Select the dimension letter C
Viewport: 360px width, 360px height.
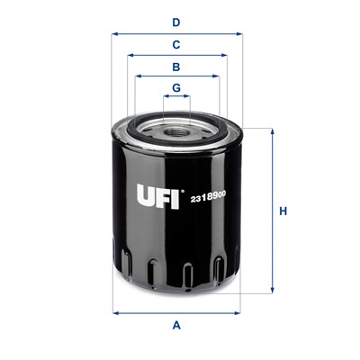click(176, 43)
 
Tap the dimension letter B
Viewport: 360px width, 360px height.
click(176, 67)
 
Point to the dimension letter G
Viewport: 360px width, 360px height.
click(176, 87)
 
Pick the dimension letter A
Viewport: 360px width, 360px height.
click(176, 325)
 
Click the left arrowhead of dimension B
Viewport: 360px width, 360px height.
click(139, 77)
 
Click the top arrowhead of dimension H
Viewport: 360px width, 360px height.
click(270, 131)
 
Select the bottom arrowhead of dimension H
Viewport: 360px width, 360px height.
click(270, 291)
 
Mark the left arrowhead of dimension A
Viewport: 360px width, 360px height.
click(115, 312)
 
